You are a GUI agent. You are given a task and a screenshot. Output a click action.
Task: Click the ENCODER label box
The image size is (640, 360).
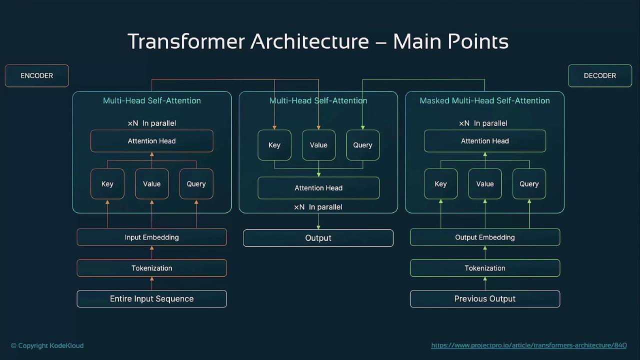(x=36, y=75)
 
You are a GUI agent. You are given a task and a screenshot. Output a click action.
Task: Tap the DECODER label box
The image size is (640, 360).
(x=599, y=75)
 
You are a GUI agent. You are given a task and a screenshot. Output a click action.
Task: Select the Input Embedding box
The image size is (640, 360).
(x=151, y=237)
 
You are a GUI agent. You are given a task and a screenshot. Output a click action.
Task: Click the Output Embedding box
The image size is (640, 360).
(x=484, y=237)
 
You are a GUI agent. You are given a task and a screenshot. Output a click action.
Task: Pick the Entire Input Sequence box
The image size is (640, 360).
(x=151, y=298)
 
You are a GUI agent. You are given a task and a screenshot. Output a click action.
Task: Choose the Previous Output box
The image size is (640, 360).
(x=484, y=298)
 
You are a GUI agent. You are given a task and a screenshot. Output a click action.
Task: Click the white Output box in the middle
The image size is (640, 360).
(x=318, y=238)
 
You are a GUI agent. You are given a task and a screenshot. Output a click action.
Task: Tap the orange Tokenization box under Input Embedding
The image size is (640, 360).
(x=151, y=268)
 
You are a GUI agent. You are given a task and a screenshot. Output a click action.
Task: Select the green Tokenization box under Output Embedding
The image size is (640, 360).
(x=484, y=268)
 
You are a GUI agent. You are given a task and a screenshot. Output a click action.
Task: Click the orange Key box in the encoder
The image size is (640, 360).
(x=107, y=184)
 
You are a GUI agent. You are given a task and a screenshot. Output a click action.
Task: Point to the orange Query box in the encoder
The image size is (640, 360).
(x=196, y=184)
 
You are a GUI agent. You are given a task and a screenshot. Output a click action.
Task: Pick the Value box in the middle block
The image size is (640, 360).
(x=318, y=145)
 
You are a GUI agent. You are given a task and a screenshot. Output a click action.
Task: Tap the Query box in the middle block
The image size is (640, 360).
(x=362, y=145)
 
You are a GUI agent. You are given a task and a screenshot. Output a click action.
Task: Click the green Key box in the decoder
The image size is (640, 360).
(x=440, y=184)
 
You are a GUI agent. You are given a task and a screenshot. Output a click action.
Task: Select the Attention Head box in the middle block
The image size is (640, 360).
(x=318, y=188)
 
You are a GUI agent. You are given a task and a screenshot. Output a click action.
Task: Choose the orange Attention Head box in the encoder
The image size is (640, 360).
(x=151, y=141)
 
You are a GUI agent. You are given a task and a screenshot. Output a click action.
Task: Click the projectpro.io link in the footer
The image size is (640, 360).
(x=528, y=345)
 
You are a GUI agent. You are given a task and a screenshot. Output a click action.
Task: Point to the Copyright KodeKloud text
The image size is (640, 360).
(x=47, y=345)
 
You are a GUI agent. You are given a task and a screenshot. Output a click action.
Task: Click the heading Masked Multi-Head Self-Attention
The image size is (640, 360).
(x=484, y=100)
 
